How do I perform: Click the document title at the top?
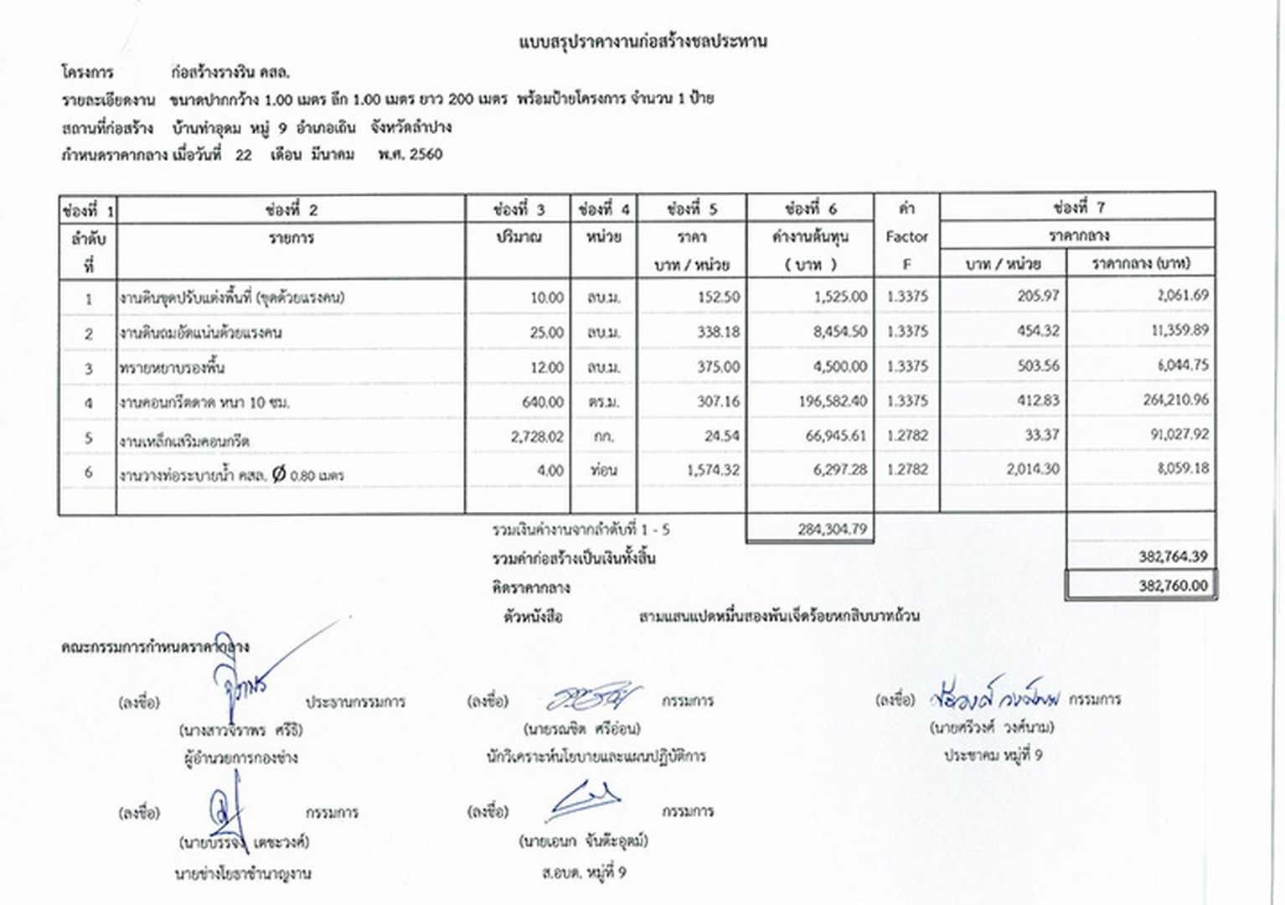pyautogui.click(x=642, y=41)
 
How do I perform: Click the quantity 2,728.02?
pyautogui.click(x=537, y=437)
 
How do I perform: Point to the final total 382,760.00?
pyautogui.click(x=1173, y=586)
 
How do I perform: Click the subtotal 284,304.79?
pyautogui.click(x=832, y=529)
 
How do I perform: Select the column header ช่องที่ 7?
pyautogui.click(x=1079, y=207)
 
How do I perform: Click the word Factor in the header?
pyautogui.click(x=906, y=236)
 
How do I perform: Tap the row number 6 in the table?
pyautogui.click(x=88, y=472)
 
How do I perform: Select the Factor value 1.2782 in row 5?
pyautogui.click(x=907, y=436)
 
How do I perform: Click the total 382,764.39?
pyautogui.click(x=1173, y=556)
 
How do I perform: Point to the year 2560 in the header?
pyautogui.click(x=426, y=154)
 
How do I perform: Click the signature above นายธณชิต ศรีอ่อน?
pyautogui.click(x=593, y=697)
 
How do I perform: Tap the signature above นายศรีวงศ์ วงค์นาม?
pyautogui.click(x=994, y=697)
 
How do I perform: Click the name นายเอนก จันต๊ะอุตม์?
pyautogui.click(x=583, y=840)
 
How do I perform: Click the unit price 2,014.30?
pyautogui.click(x=1032, y=469)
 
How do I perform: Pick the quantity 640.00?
pyautogui.click(x=542, y=402)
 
